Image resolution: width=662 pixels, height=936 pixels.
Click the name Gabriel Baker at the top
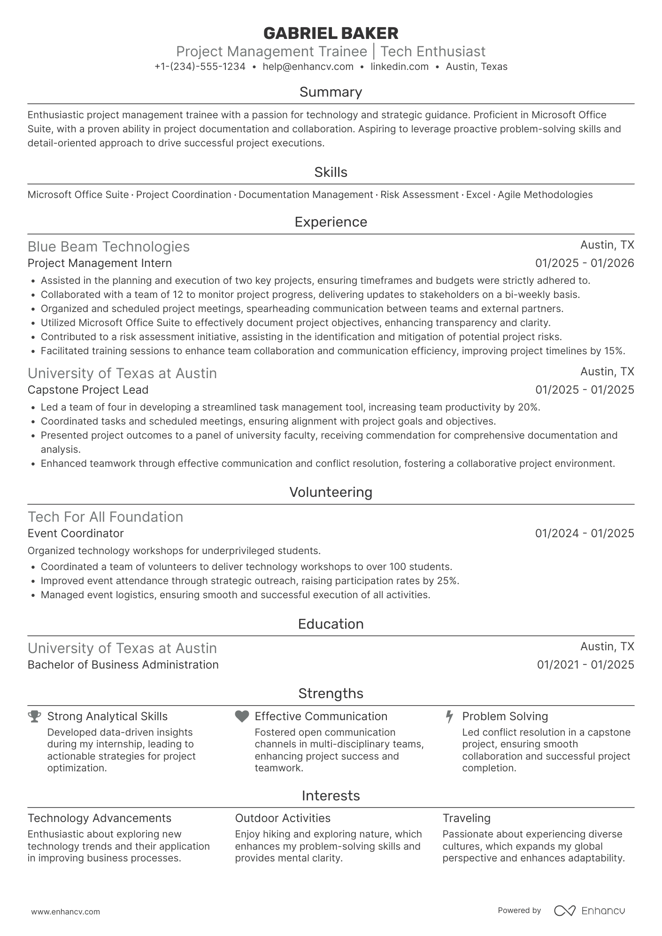331,33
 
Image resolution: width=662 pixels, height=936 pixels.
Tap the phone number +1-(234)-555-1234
200,67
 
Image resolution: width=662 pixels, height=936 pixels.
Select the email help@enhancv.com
308,67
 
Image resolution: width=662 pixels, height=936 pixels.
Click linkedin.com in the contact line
400,67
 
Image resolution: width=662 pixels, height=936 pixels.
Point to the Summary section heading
331,92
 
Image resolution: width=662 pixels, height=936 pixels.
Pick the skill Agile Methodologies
545,195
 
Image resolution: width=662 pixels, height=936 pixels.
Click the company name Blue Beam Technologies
108,247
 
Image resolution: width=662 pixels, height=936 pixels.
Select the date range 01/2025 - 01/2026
585,263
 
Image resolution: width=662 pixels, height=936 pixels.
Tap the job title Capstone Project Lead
88,390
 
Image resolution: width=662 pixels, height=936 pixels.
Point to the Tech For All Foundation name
105,517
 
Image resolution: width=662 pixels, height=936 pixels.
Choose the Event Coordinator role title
76,533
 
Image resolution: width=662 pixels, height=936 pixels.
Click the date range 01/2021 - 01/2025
585,665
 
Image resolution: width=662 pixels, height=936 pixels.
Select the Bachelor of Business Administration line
123,665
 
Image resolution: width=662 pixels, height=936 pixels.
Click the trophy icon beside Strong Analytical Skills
34,716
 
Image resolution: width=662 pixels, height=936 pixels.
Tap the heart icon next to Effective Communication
242,716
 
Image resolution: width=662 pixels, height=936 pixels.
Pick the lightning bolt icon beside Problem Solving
449,716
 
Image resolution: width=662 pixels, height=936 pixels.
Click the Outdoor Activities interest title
283,818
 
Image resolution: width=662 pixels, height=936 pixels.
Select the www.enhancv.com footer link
66,912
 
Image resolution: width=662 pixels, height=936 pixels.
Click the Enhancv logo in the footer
590,911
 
